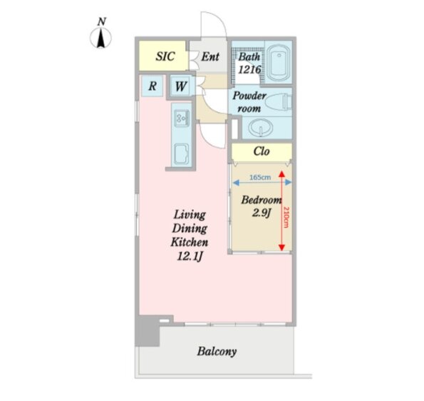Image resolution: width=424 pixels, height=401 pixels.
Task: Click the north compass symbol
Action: point(100,38)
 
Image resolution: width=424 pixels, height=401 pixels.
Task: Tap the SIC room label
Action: point(165,56)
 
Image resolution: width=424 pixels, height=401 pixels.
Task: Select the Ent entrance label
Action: point(210,56)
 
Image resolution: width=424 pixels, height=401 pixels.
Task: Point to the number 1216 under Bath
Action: point(249,70)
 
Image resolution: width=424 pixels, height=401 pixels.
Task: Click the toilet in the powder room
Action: point(279,102)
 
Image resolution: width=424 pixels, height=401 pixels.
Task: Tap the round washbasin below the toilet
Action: point(261,128)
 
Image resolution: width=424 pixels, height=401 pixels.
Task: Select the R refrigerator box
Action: point(152,86)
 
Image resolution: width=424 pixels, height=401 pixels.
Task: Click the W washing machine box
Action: point(180,86)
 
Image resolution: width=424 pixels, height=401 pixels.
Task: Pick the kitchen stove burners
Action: point(182,118)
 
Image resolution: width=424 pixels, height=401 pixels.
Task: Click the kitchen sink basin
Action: point(181,154)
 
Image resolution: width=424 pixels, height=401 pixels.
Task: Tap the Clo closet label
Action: point(262,151)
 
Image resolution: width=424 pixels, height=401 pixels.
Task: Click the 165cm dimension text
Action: point(260,178)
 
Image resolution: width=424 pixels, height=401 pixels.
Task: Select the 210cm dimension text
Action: point(286,218)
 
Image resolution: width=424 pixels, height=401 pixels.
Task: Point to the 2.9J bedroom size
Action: point(262,213)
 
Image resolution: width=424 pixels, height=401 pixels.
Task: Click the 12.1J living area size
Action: point(190,256)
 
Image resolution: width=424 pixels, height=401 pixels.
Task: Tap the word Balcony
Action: point(217,352)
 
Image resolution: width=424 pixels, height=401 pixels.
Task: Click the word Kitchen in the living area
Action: point(190,242)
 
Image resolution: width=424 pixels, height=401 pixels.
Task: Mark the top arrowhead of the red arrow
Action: point(281,173)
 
